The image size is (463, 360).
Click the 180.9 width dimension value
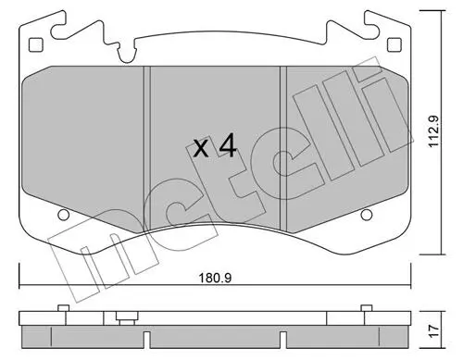(x=215, y=279)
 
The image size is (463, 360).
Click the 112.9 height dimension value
(x=434, y=131)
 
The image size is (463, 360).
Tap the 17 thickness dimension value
(x=434, y=331)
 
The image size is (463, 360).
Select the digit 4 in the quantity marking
(x=228, y=147)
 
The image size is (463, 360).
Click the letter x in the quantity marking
(x=201, y=149)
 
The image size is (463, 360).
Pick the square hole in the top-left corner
(x=36, y=44)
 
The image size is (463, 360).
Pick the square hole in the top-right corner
(x=394, y=44)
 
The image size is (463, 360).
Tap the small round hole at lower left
(x=63, y=215)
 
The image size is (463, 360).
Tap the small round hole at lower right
(x=367, y=215)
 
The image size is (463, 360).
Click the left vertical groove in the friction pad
(x=147, y=148)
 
